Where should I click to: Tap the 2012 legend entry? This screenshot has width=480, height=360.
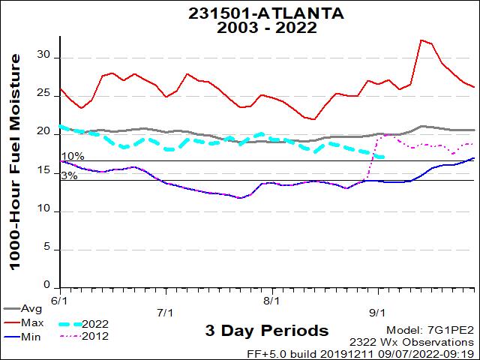pyautogui.click(x=96, y=336)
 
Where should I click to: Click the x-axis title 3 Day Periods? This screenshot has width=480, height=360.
pyautogui.click(x=266, y=331)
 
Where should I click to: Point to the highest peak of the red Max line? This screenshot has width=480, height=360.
pyautogui.click(x=422, y=40)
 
